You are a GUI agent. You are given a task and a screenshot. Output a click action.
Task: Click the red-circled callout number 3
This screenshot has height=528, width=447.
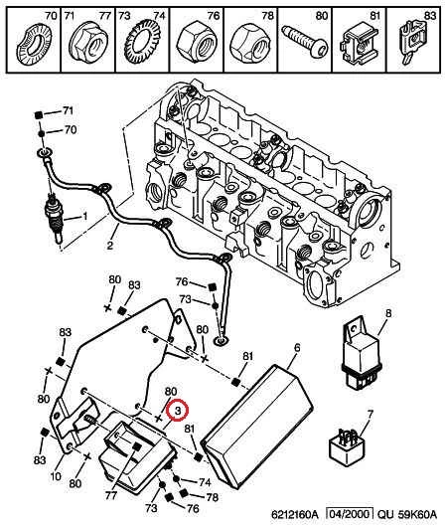178,410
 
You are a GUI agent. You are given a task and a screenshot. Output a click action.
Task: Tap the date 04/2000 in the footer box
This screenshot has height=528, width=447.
350,514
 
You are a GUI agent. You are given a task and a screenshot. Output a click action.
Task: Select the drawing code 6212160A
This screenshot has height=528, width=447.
295,514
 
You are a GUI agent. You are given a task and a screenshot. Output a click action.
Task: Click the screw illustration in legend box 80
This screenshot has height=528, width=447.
305,42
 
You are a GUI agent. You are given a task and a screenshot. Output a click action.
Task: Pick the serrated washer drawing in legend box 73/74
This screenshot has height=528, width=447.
143,42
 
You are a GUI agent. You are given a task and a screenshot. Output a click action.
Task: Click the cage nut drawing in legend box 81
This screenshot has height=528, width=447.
359,44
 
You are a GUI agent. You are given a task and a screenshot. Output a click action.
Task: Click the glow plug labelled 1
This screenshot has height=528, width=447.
55,219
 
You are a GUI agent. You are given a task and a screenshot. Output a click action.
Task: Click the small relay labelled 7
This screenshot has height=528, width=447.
348,446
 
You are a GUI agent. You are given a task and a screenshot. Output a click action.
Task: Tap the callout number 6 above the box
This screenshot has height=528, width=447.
297,347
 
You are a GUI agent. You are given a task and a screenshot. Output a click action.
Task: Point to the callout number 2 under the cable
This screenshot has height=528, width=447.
110,245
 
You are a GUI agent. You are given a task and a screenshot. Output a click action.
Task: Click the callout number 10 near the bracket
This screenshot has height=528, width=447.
56,476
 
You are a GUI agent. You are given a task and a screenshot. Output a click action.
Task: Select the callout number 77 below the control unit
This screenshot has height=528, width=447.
110,495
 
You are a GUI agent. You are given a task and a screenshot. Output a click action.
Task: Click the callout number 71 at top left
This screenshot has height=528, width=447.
68,110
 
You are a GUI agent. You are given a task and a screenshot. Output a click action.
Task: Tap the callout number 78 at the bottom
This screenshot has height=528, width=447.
212,497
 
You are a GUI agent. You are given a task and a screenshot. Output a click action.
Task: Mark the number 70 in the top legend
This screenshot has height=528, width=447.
51,15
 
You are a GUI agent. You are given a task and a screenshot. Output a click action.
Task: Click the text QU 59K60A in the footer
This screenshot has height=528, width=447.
407,514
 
